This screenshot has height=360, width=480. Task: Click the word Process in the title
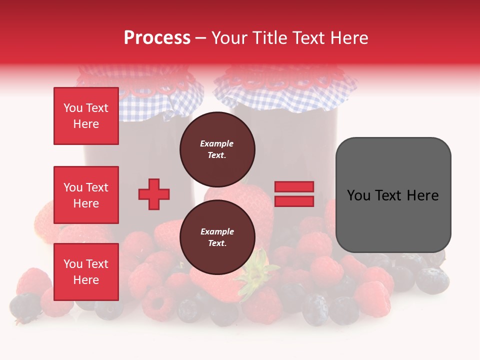157,37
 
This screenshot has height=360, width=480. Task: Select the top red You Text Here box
86,116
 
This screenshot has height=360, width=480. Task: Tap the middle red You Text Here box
86,195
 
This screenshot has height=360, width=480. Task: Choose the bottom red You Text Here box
86,272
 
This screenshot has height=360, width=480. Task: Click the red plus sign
154,194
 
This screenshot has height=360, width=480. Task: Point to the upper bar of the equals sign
294,186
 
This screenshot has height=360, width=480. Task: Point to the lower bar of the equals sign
294,201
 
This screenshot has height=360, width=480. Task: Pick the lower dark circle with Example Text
217,237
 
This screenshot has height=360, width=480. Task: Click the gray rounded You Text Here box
393,195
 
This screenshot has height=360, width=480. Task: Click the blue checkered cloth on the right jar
285,97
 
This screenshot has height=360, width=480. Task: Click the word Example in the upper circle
217,143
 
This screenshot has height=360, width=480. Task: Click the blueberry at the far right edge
432,280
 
